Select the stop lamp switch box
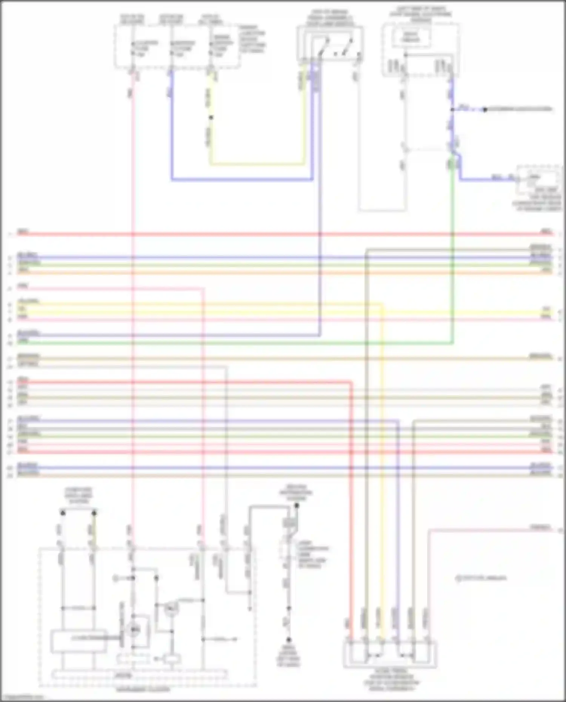point(330,43)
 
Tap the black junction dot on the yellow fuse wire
point(211,117)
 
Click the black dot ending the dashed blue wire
point(485,110)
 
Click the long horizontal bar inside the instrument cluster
point(140,674)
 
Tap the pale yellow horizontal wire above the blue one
point(257,164)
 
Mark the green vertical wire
point(453,264)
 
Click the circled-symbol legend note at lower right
point(481,578)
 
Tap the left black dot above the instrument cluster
point(63,513)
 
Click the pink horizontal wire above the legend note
point(491,530)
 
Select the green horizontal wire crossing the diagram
point(226,344)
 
